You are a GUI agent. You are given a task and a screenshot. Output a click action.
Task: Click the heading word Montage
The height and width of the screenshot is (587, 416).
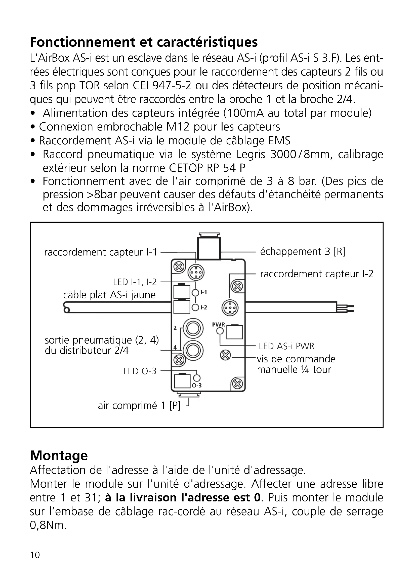pyautogui.click(x=59, y=455)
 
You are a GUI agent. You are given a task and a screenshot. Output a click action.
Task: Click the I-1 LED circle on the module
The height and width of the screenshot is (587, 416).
pyautogui.click(x=195, y=293)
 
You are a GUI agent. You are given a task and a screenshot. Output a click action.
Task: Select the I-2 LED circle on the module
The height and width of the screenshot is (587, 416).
pyautogui.click(x=195, y=308)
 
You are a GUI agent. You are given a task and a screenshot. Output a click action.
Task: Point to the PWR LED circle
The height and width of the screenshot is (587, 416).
pyautogui.click(x=220, y=331)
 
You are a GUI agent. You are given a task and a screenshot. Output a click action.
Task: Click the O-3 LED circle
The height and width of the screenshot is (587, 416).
pyautogui.click(x=197, y=378)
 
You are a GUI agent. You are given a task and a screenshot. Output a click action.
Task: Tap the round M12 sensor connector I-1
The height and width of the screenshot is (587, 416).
pyautogui.click(x=196, y=273)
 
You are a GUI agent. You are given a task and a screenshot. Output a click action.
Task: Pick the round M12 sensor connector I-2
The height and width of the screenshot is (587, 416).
pyautogui.click(x=230, y=308)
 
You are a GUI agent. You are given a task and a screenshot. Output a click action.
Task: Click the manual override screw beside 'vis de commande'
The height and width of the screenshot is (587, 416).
pyautogui.click(x=225, y=355)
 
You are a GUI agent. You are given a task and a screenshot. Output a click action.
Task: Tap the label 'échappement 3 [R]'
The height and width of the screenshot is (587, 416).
pyautogui.click(x=303, y=251)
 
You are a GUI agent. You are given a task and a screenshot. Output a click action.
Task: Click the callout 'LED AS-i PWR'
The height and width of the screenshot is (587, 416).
pyautogui.click(x=286, y=346)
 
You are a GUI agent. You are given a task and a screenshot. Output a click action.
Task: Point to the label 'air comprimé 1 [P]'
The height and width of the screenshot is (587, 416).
pyautogui.click(x=139, y=406)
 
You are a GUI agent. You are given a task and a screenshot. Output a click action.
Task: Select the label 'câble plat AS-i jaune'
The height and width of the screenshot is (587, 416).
pyautogui.click(x=109, y=295)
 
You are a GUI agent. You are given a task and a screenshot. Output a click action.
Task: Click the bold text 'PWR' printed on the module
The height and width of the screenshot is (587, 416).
pyautogui.click(x=219, y=324)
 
